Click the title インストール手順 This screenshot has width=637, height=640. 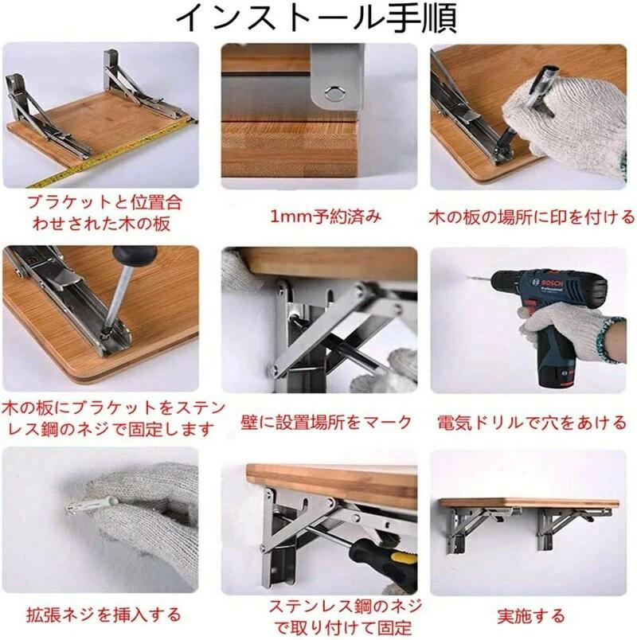pos(315,18)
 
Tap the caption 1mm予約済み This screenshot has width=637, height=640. pos(326,217)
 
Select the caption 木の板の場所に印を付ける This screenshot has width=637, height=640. pos(532,217)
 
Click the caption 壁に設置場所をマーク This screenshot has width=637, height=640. pos(326,422)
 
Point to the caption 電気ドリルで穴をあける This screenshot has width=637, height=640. pos(532,423)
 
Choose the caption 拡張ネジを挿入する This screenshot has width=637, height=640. pos(104,615)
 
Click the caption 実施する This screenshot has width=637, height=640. pos(531,615)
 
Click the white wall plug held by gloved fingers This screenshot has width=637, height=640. pos(92,505)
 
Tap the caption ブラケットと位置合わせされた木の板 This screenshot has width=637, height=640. pos(104,213)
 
